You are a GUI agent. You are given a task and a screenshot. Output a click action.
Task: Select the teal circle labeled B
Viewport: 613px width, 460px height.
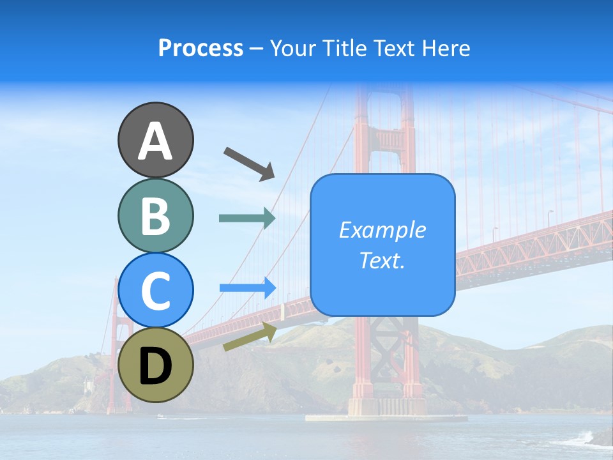(x=156, y=215)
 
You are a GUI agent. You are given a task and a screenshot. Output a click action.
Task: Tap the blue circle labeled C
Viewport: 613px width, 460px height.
(x=156, y=290)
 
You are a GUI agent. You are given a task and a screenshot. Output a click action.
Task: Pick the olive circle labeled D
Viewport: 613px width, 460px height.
(x=156, y=365)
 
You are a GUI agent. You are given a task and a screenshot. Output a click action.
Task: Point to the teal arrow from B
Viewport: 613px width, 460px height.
(x=247, y=218)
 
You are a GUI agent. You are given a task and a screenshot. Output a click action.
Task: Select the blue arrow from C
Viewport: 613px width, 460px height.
(x=248, y=287)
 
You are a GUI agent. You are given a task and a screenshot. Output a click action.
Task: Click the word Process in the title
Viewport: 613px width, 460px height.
(x=201, y=48)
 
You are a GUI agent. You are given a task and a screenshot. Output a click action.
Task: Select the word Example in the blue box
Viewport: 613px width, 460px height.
(x=382, y=230)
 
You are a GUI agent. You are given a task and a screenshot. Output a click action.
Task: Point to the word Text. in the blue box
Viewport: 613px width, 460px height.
(x=382, y=260)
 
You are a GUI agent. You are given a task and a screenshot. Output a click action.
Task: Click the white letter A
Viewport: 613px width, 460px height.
(x=156, y=141)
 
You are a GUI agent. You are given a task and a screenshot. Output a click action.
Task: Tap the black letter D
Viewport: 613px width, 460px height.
(x=156, y=366)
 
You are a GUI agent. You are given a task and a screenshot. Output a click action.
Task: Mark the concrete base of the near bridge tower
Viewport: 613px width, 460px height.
(x=387, y=408)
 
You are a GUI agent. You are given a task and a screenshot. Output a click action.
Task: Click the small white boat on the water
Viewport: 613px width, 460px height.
(x=160, y=417)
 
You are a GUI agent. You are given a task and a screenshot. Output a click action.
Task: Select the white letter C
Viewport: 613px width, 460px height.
(x=156, y=291)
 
